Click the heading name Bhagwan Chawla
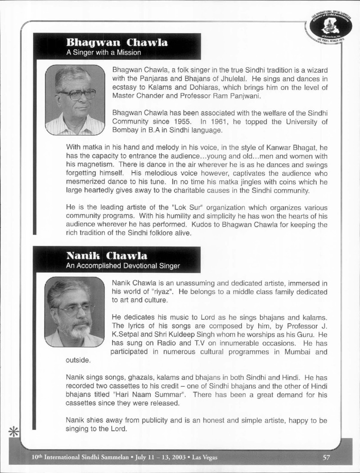[x=117, y=43]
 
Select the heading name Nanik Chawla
[x=107, y=256]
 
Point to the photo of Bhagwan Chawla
[x=75, y=100]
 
